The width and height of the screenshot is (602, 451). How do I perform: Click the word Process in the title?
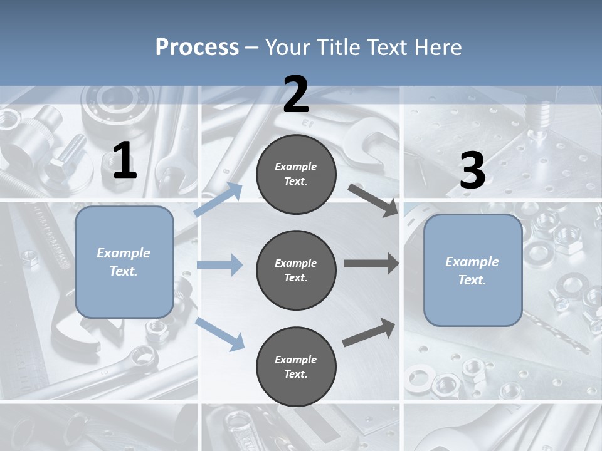(x=197, y=47)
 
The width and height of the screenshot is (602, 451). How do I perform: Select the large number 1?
(x=125, y=161)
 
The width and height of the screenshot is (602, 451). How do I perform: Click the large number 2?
(x=296, y=95)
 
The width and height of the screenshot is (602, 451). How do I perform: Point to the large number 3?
(x=472, y=170)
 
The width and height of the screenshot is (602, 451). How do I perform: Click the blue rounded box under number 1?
(x=124, y=262)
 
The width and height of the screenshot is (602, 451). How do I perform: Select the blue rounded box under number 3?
(x=473, y=271)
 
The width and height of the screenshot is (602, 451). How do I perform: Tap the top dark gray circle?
(x=296, y=174)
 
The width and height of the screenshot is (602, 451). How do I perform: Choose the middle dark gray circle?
(x=296, y=271)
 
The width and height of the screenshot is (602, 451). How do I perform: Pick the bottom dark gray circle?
(x=296, y=367)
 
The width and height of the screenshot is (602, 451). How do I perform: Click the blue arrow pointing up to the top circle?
(x=218, y=200)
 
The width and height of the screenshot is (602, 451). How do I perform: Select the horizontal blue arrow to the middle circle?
(x=219, y=265)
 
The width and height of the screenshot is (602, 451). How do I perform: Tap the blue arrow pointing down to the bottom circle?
(x=219, y=334)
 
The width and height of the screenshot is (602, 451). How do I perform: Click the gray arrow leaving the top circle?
(x=373, y=200)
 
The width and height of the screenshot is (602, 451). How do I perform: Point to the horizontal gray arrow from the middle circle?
(x=371, y=264)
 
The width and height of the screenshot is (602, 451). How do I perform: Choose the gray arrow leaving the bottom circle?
(x=369, y=332)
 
